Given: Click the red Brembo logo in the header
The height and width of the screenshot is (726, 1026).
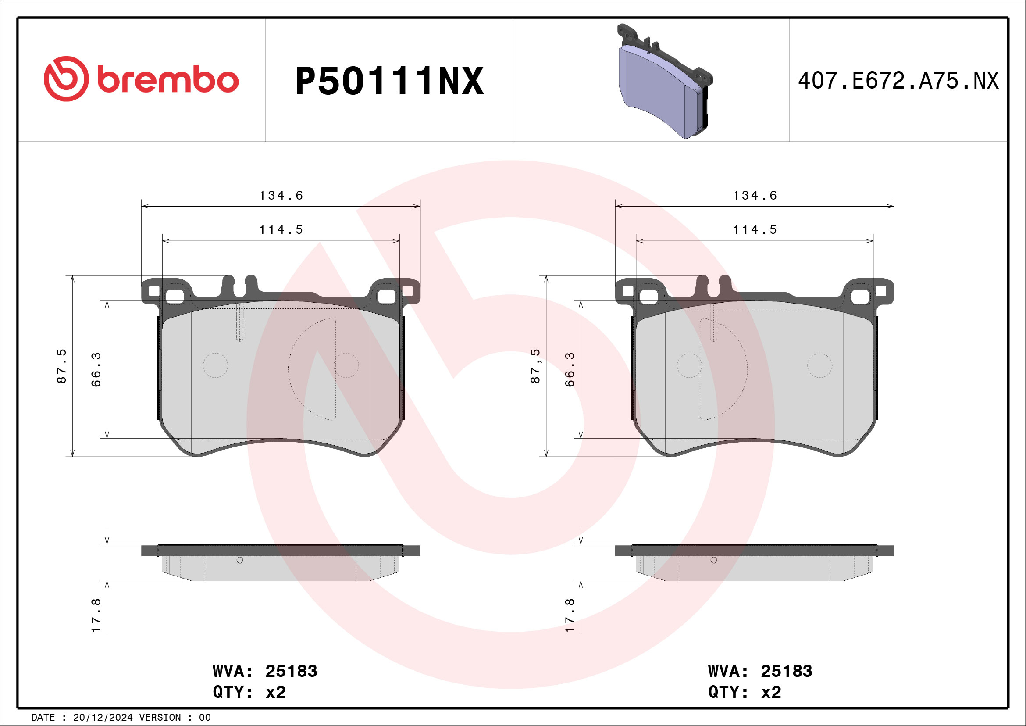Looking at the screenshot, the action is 141,79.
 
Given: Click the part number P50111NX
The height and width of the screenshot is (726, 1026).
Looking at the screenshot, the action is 389,81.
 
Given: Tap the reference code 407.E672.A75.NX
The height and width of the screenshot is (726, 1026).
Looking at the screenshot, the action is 898,81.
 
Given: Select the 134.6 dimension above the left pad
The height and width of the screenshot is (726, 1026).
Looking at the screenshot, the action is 281,195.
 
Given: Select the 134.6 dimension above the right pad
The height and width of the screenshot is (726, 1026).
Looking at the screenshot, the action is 755,195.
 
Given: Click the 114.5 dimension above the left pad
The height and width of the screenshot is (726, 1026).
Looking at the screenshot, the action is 281,230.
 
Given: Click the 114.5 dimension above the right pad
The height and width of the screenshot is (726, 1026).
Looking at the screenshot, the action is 755,230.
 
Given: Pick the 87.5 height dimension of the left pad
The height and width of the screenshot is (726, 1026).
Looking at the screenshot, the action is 62,366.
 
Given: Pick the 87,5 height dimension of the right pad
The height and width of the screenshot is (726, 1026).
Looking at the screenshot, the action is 535,366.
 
